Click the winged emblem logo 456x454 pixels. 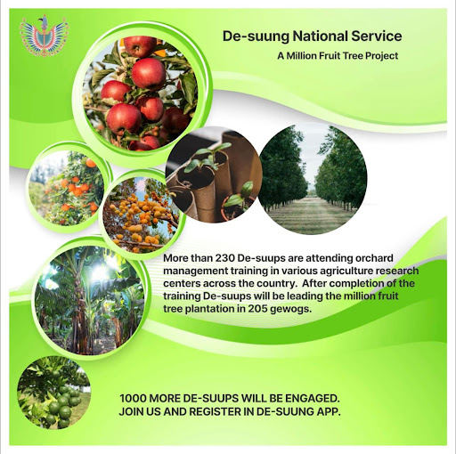[45, 36]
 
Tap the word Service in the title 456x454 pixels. [377, 36]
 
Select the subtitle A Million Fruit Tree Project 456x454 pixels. [338, 56]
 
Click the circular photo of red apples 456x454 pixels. [140, 93]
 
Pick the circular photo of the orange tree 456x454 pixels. [67, 188]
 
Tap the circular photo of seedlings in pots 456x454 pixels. [214, 174]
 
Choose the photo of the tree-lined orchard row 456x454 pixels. [313, 180]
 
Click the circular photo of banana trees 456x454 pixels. [90, 300]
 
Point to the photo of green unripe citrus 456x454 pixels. [53, 393]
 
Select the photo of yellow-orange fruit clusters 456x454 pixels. [142, 215]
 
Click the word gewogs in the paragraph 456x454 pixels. [291, 310]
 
